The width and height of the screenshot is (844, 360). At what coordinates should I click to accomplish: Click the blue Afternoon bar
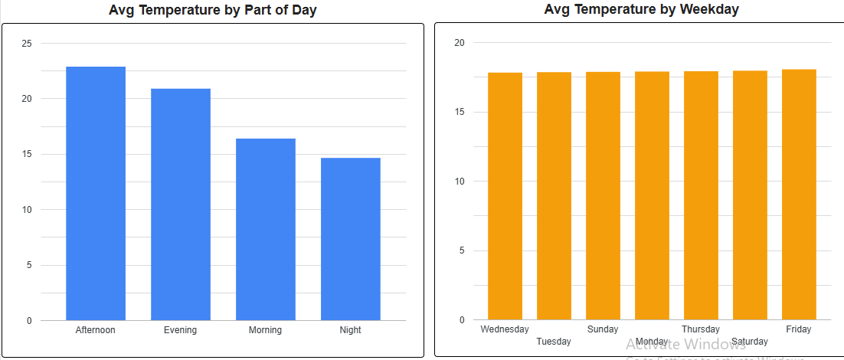coord(96,193)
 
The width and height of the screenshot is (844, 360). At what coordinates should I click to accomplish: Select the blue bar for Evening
coord(181,205)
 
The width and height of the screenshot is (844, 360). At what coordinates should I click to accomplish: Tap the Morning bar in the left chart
coord(266,229)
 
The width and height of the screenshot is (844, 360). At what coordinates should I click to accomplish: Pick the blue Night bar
coord(351,239)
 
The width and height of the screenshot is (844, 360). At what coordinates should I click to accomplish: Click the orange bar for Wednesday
coord(505,196)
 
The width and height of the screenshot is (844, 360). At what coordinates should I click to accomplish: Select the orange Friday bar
coord(799,195)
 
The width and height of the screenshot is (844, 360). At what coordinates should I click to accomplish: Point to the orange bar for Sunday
coord(603,196)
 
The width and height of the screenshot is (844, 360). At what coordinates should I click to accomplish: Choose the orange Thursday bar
coord(701,195)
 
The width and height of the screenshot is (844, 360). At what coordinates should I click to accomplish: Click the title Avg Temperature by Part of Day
coord(213,11)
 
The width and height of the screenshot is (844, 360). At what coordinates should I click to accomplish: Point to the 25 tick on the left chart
coord(27,44)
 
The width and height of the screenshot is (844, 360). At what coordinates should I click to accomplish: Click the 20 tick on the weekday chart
coord(460,43)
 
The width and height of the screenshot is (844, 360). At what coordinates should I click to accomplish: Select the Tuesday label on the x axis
coord(554,342)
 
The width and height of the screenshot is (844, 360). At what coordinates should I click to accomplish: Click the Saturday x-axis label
coord(749,342)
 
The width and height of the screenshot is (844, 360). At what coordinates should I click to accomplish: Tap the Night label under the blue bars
coord(351,330)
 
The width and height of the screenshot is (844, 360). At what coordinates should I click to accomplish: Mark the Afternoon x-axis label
coord(96,330)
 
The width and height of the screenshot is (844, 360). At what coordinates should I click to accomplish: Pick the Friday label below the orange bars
coord(799,329)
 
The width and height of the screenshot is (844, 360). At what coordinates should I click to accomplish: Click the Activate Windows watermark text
coord(685,345)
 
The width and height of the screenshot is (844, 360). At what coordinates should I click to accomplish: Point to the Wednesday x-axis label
coord(505,329)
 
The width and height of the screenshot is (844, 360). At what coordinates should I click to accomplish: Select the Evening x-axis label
coord(181,330)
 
